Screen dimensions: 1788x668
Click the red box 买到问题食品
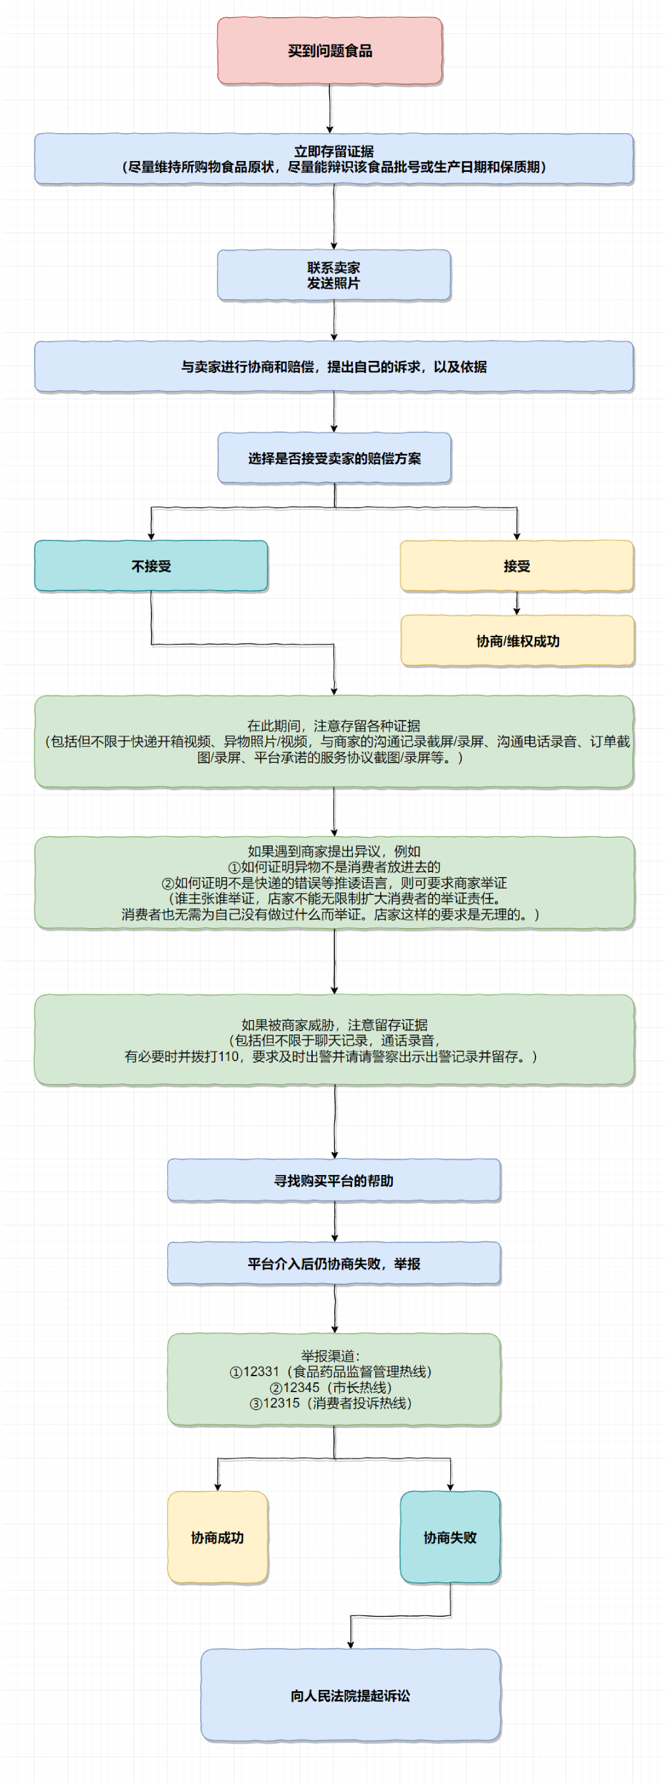(x=330, y=51)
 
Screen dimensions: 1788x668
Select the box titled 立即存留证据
(x=334, y=159)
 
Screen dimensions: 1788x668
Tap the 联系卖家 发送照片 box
(x=334, y=275)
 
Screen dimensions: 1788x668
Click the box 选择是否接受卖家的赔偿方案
(x=334, y=458)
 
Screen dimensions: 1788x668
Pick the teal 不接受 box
(x=152, y=566)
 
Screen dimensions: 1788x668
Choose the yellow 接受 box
(x=516, y=566)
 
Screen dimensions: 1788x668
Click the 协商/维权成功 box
(x=517, y=640)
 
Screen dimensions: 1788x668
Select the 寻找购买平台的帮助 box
(x=334, y=1180)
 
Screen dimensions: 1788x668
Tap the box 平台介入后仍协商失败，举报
(x=334, y=1264)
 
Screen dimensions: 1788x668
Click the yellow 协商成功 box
(x=217, y=1537)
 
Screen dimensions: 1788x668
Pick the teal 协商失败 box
(x=450, y=1537)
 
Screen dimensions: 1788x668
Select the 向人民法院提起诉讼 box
(x=351, y=1696)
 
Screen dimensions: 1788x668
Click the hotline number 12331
(x=260, y=1372)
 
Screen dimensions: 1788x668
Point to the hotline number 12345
(x=301, y=1388)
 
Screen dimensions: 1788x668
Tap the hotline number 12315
(x=281, y=1403)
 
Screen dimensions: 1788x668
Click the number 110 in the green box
(x=229, y=1057)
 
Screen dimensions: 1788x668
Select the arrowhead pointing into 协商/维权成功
(x=516, y=611)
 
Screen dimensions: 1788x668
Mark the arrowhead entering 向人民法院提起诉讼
(x=351, y=1644)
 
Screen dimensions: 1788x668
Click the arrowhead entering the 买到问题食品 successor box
(x=330, y=129)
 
